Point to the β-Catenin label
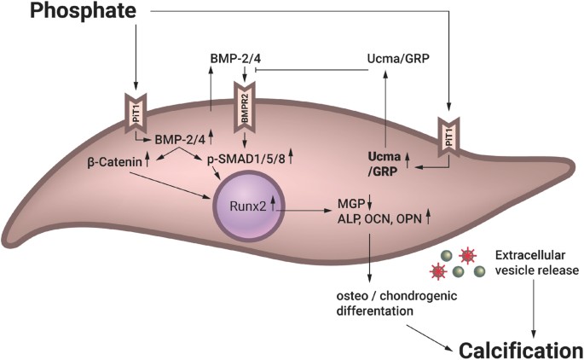[116, 160]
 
